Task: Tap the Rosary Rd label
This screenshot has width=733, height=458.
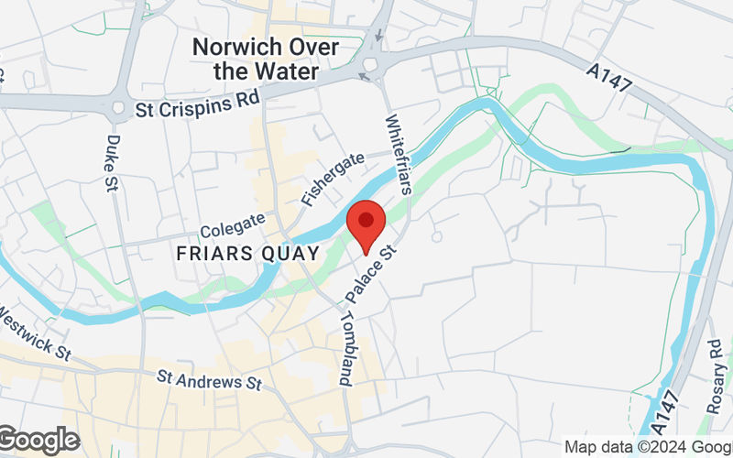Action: [x=716, y=376]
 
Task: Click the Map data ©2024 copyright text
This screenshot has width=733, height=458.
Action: [x=647, y=446]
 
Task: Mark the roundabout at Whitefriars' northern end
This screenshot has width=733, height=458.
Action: [x=372, y=66]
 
